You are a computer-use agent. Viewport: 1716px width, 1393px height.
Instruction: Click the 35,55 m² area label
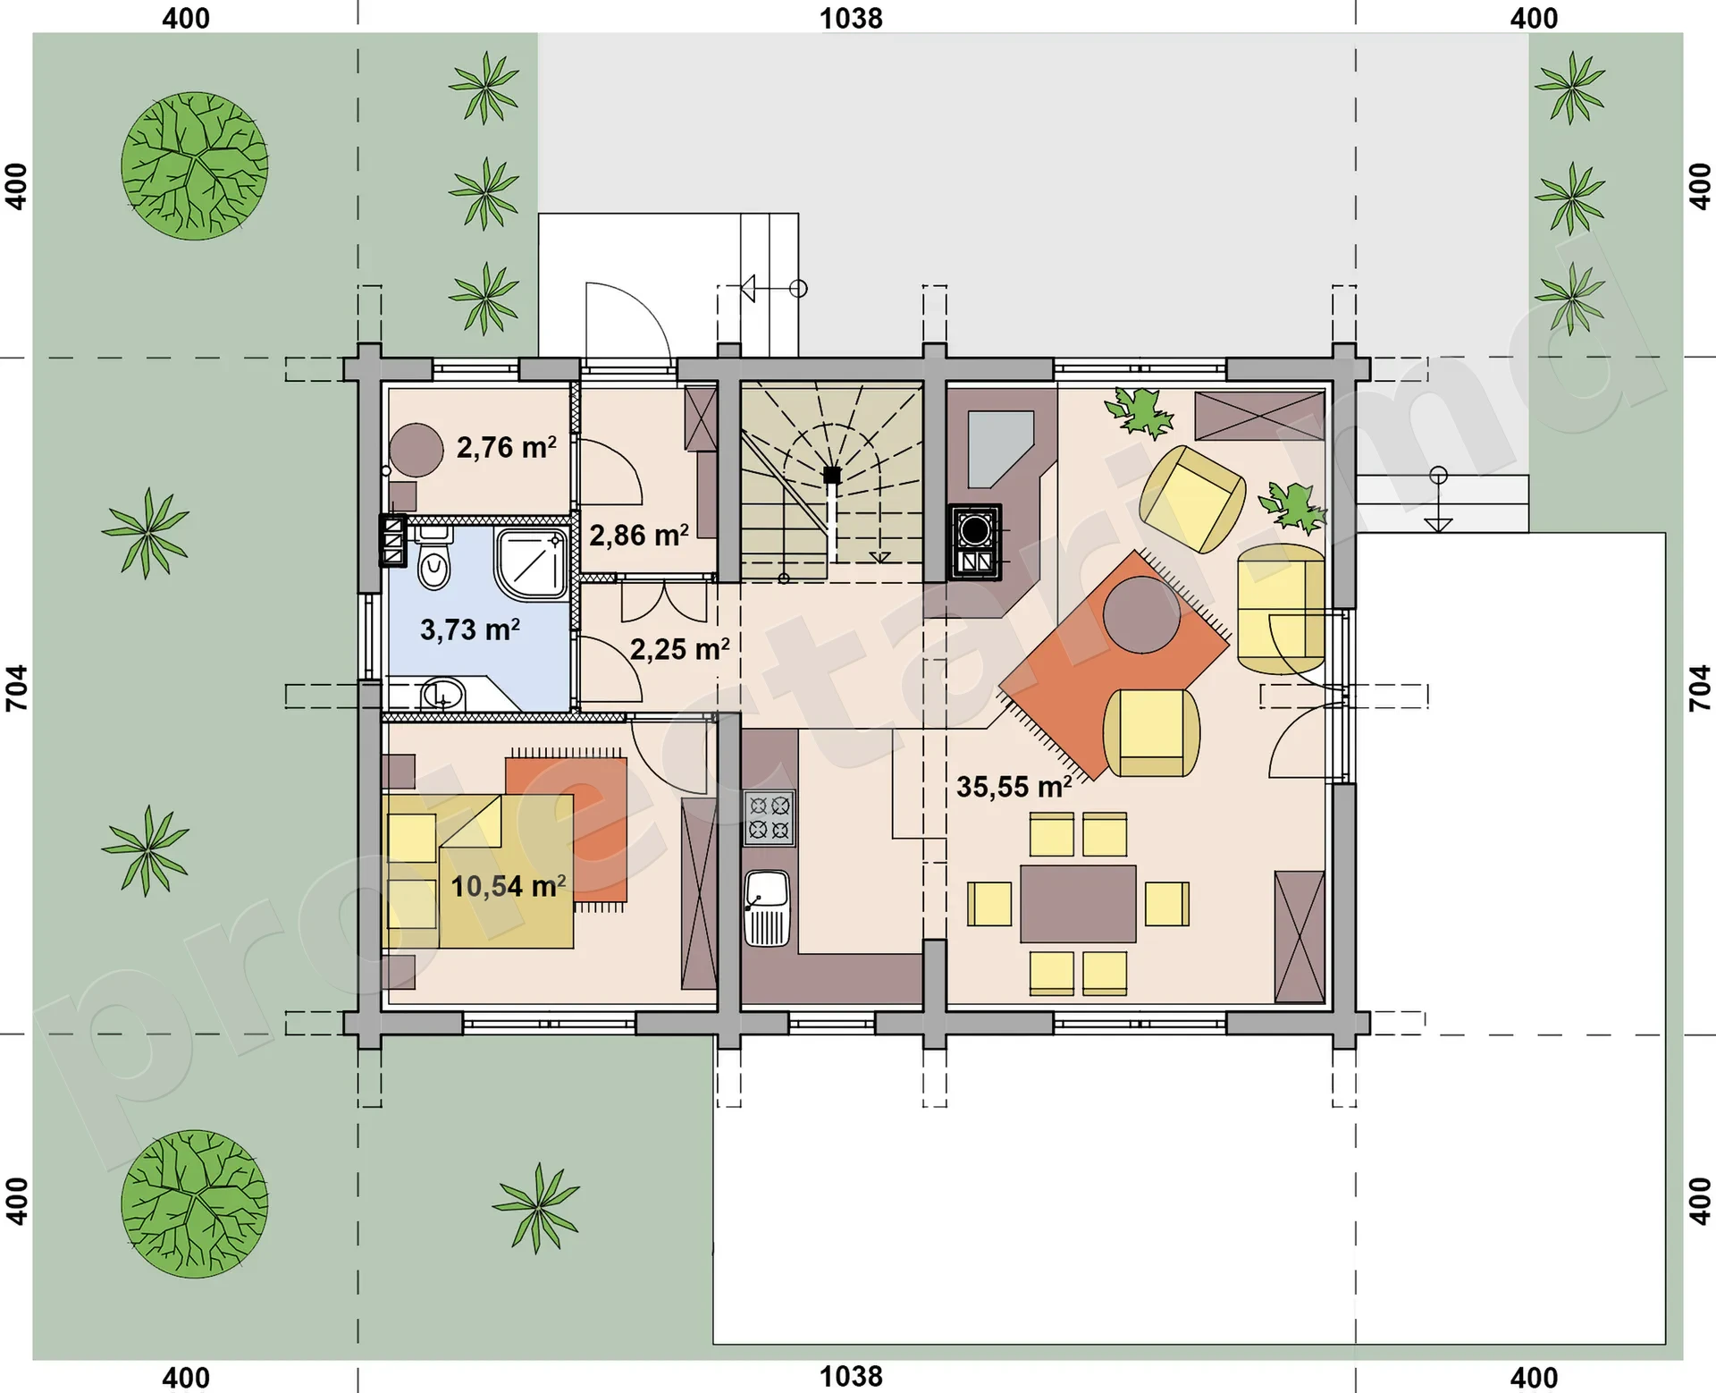point(1014,787)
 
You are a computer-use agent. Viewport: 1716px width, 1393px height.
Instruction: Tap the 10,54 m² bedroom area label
point(508,886)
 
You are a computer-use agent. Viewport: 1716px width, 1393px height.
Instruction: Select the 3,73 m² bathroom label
point(470,629)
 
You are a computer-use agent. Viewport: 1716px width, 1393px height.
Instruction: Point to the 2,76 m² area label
point(507,447)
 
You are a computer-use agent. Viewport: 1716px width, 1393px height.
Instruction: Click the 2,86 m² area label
point(639,536)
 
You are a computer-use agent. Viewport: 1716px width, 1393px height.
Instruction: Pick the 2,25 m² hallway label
point(680,649)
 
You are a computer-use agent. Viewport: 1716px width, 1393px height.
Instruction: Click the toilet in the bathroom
point(434,559)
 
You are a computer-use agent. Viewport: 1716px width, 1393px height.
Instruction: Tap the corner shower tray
point(533,563)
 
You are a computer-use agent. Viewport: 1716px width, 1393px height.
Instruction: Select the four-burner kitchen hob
point(770,818)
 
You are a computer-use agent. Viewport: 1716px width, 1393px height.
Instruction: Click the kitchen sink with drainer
point(768,908)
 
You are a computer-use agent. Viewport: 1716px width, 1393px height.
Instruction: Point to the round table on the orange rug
point(1141,615)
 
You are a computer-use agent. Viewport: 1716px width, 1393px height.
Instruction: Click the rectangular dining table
point(1078,904)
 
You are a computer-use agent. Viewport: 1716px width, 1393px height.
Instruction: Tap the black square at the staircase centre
point(832,475)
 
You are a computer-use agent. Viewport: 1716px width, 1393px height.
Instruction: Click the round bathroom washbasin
point(442,694)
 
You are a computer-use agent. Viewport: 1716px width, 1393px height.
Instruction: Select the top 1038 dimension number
point(851,18)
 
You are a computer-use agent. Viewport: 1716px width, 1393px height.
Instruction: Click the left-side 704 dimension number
point(17,688)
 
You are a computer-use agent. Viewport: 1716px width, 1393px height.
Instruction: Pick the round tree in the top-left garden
point(195,165)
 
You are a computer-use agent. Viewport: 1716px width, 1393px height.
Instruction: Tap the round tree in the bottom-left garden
point(195,1203)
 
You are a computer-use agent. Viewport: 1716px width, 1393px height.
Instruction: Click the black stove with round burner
point(975,542)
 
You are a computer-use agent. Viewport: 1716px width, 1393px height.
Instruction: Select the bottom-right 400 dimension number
point(1534,1378)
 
